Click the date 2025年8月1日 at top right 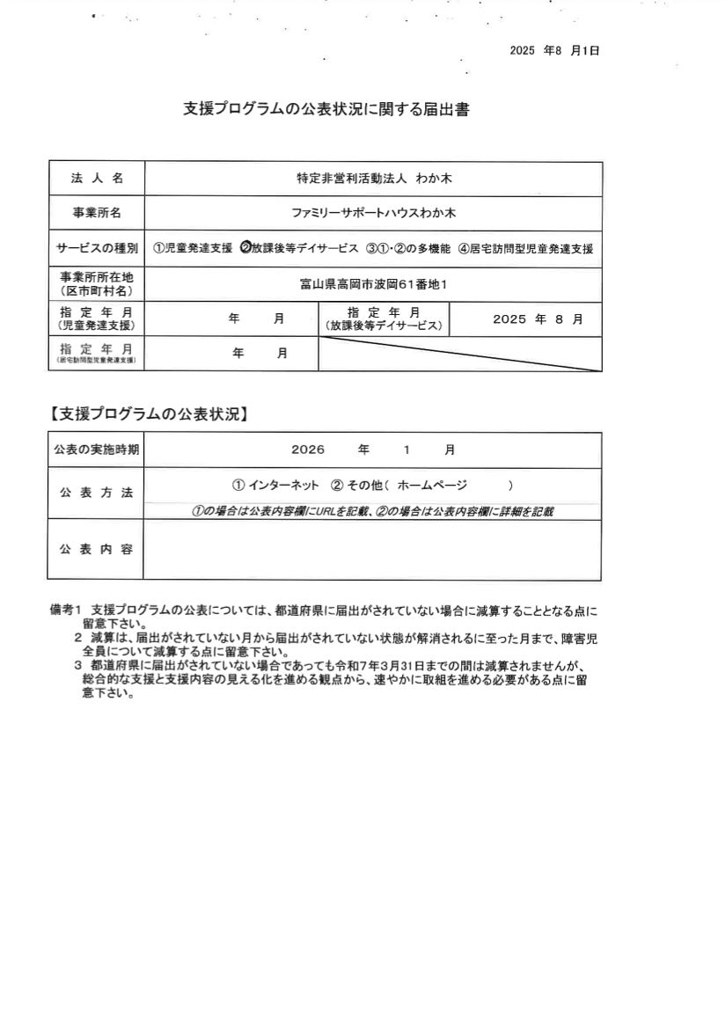tap(554, 51)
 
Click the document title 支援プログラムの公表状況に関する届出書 tap(326, 109)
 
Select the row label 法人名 tap(97, 179)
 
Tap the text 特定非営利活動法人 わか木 tap(373, 179)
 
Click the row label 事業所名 tap(97, 214)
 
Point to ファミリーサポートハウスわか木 tap(373, 214)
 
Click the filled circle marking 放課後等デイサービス tap(245, 249)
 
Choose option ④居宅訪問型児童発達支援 tap(525, 249)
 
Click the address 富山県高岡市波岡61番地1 tap(373, 284)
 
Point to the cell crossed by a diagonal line tap(460, 354)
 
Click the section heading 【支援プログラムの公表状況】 tap(147, 414)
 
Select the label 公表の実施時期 tap(97, 450)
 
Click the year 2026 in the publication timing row tap(308, 450)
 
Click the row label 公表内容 tap(97, 549)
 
